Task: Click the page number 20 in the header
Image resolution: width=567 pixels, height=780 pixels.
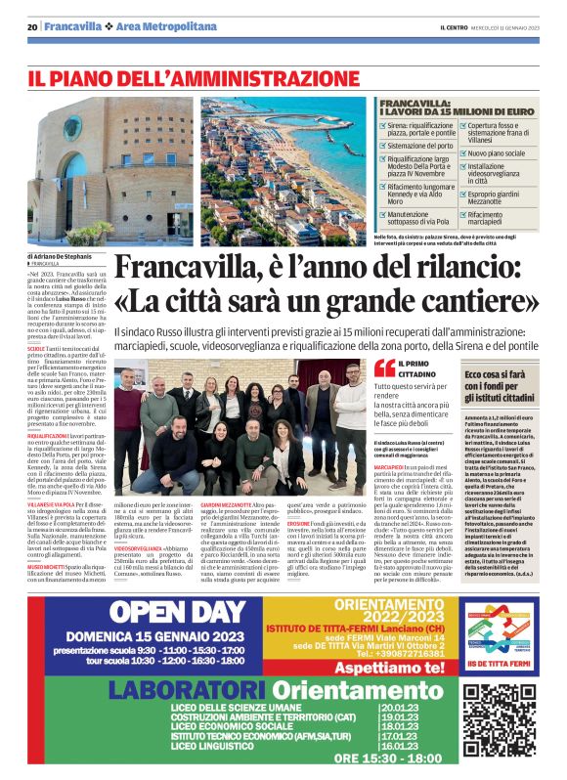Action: click(33, 25)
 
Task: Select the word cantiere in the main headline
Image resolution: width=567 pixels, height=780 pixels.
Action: click(478, 304)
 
